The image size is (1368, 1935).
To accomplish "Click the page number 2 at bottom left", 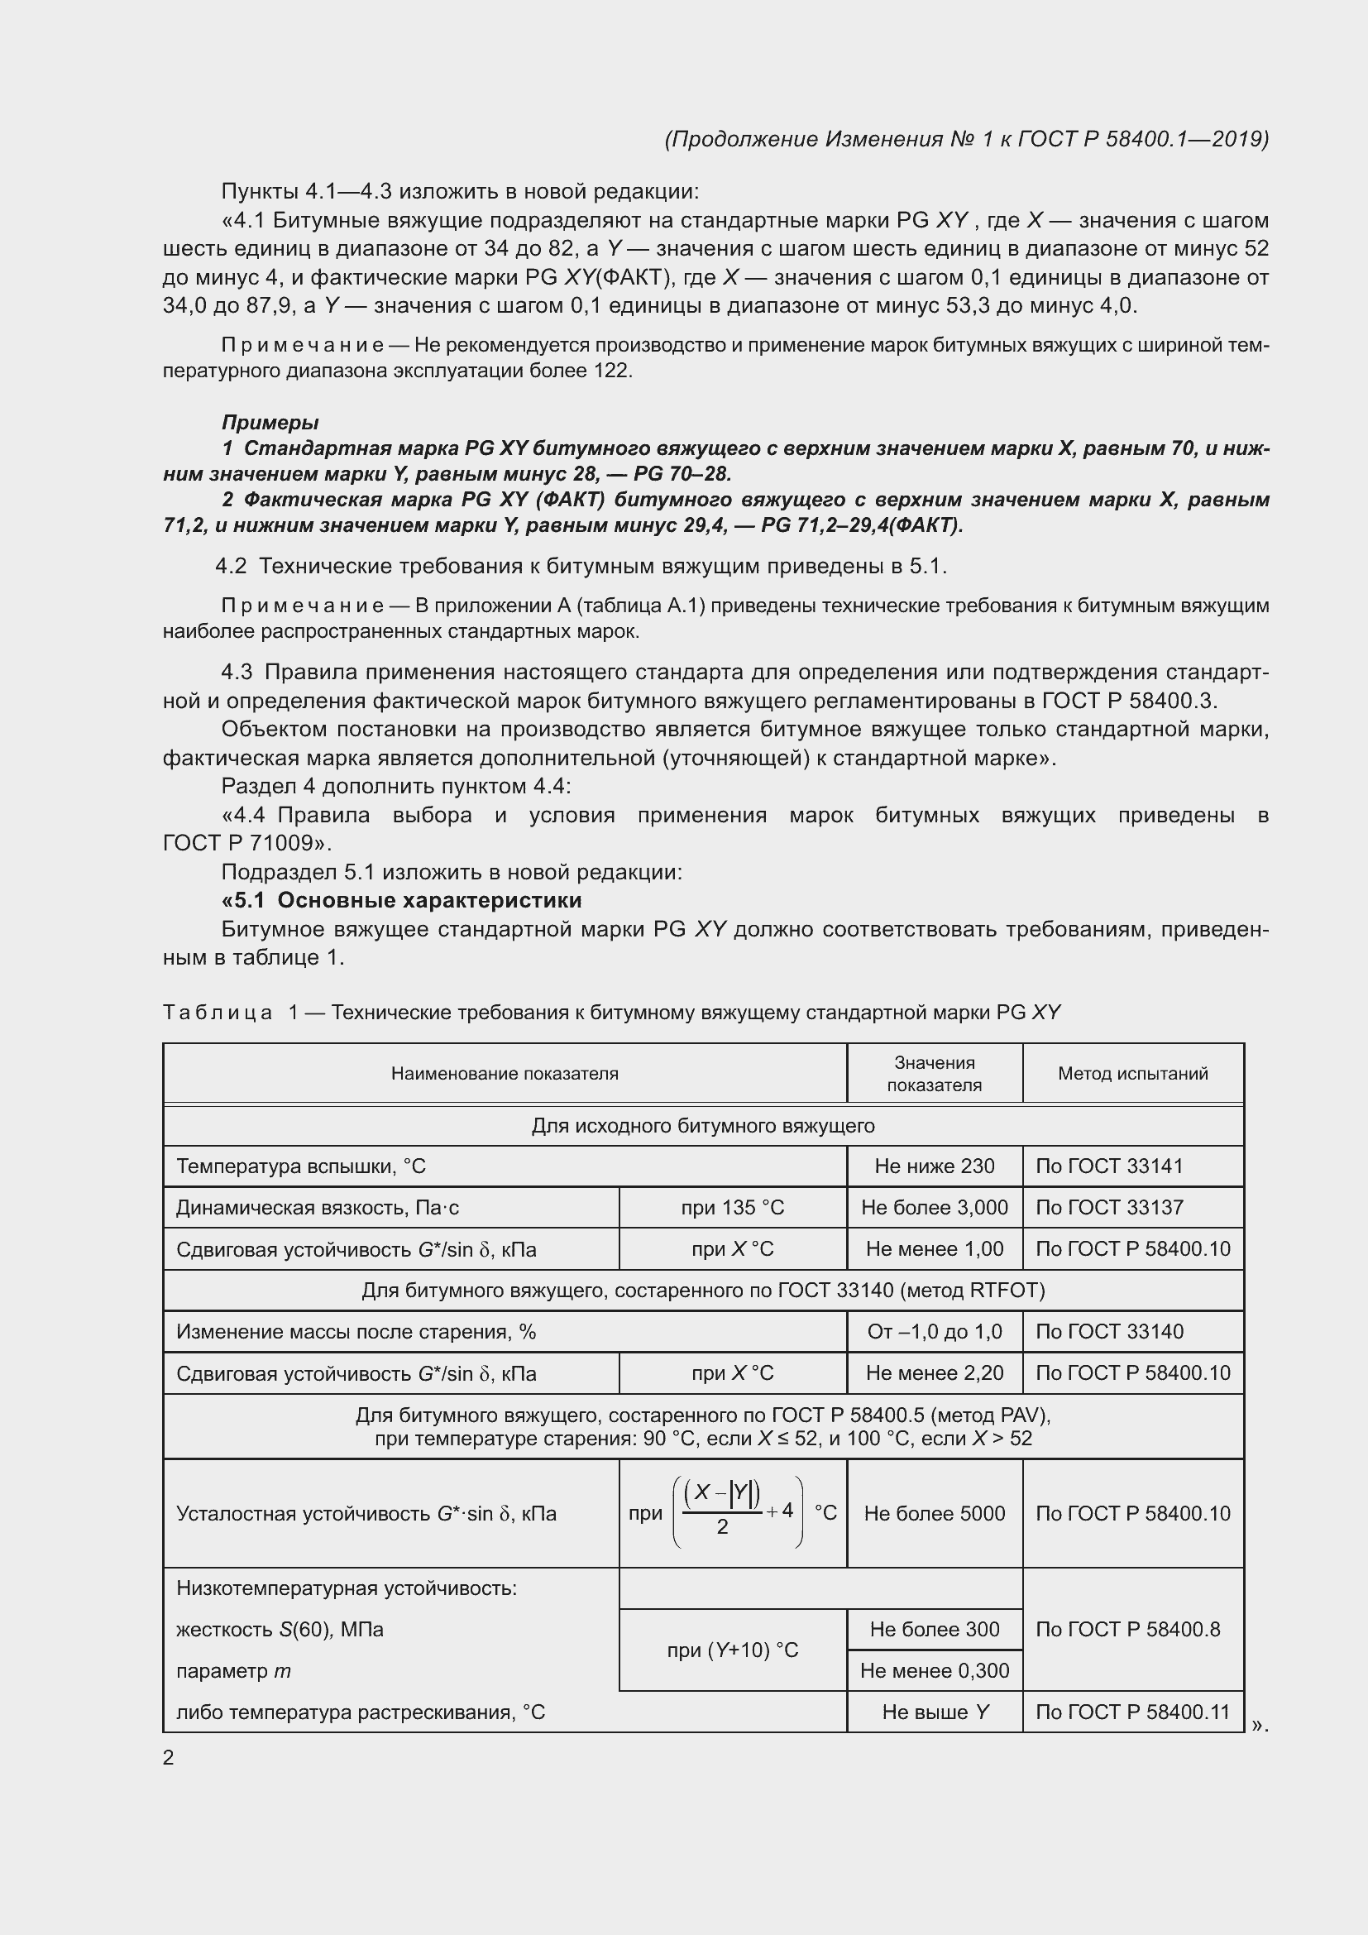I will [169, 1757].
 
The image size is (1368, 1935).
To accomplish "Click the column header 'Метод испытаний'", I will [1132, 1073].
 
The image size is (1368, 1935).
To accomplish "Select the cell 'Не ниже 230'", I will [934, 1166].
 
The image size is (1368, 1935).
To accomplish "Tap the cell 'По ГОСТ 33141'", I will [1108, 1166].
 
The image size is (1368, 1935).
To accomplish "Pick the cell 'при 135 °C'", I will [732, 1207].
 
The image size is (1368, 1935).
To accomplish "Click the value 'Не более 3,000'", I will [934, 1207].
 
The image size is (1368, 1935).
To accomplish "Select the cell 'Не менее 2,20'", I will [934, 1373].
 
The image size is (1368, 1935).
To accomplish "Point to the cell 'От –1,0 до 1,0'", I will [934, 1332].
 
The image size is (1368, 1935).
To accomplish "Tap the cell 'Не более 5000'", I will [934, 1513].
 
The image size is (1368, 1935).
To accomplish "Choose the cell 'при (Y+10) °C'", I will [732, 1650].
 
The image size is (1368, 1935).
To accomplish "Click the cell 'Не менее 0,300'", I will [934, 1670].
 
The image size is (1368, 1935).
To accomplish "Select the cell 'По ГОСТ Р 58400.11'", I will [1132, 1712].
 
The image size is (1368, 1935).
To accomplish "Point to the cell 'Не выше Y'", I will [934, 1712].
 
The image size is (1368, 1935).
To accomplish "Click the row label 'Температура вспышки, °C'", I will [301, 1166].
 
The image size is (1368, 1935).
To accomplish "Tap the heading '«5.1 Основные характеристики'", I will [402, 900].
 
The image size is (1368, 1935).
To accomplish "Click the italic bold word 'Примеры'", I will [270, 422].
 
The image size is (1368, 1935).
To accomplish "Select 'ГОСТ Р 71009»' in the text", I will [247, 843].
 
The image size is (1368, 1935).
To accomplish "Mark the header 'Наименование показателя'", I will [505, 1073].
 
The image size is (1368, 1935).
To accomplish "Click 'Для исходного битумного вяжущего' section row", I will [702, 1125].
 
